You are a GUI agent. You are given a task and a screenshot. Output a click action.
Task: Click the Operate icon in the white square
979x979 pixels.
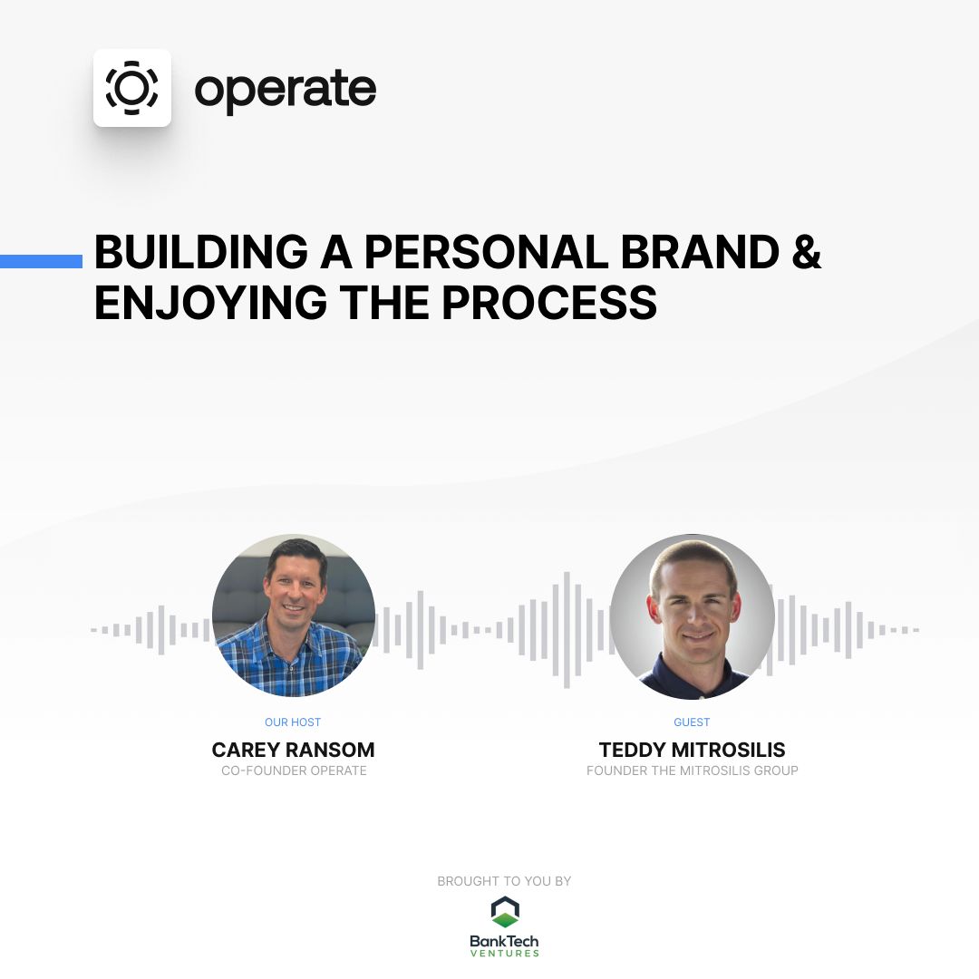pos(132,88)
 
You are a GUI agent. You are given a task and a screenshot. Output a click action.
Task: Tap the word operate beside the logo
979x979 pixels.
pos(285,89)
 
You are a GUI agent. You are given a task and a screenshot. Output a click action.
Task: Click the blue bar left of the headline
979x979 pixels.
pos(41,261)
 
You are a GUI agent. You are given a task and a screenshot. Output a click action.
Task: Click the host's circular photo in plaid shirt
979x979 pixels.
pos(294,616)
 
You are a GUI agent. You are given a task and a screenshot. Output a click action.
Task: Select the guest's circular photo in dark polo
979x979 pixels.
pos(693,616)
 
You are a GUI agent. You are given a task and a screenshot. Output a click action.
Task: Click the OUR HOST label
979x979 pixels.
pos(293,722)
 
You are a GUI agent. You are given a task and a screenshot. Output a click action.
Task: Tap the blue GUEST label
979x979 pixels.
pos(692,722)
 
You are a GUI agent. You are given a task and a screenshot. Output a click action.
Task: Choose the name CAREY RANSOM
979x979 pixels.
pos(293,750)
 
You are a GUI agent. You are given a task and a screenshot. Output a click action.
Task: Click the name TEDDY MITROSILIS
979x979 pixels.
pos(692,750)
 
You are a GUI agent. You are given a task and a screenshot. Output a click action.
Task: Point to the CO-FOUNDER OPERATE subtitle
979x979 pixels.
pos(294,771)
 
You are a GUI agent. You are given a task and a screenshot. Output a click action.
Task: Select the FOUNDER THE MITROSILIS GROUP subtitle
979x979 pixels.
pos(692,771)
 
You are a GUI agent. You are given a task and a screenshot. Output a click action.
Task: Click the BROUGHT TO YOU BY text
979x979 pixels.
pos(504,881)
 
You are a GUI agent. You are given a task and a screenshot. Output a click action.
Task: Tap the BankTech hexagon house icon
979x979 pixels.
pos(505,912)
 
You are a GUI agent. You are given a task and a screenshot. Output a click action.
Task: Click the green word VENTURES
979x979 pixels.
pos(504,953)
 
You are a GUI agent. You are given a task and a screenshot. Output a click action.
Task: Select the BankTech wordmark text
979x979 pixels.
pos(504,941)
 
